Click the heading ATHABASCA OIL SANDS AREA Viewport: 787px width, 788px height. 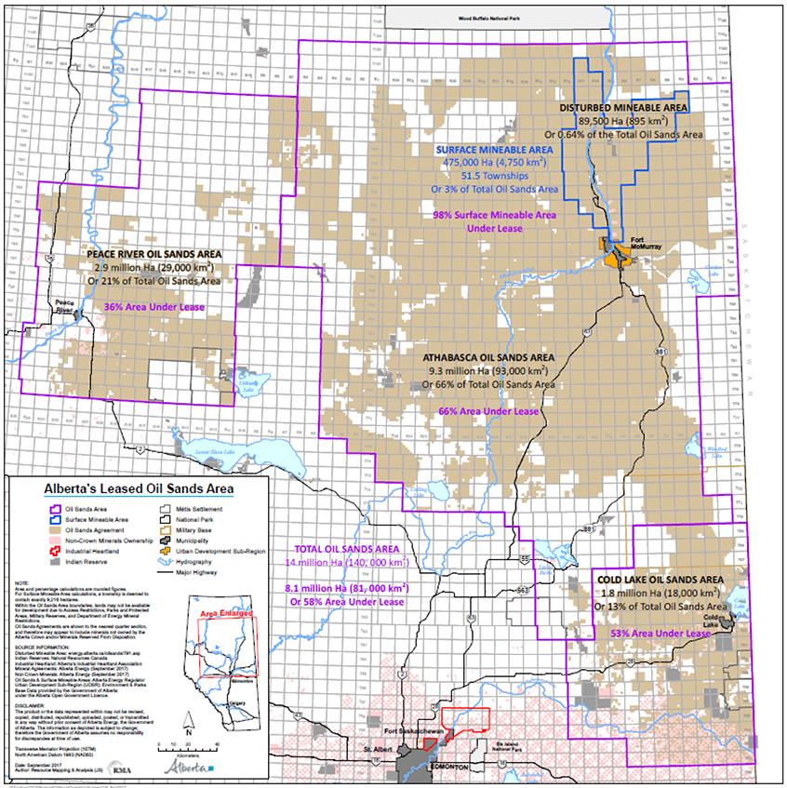point(488,357)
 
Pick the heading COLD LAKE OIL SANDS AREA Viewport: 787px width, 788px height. point(658,579)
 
